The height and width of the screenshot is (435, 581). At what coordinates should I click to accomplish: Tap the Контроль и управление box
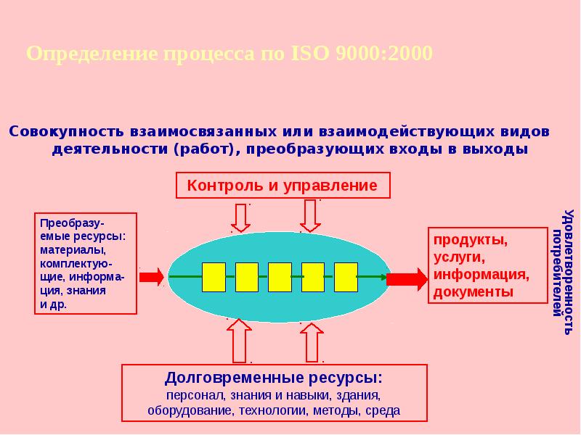[x=283, y=185]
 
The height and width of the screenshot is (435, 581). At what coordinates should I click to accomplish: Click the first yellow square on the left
[x=213, y=276]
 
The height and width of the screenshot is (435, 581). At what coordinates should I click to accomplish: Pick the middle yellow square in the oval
[x=280, y=276]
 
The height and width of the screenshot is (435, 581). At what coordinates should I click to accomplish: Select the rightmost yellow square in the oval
[x=346, y=276]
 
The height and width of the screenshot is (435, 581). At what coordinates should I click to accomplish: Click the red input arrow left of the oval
[x=152, y=276]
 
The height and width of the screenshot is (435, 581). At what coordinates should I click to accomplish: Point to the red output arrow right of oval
[x=407, y=278]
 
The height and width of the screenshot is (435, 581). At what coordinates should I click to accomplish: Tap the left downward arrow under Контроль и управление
[x=239, y=217]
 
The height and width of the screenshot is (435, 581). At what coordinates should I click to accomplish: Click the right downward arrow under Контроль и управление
[x=310, y=215]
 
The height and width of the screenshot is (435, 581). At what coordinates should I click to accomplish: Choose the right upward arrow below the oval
[x=312, y=341]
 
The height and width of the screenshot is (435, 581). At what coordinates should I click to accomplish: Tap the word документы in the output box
[x=474, y=292]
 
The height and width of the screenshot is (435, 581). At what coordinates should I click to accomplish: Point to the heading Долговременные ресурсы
[x=273, y=378]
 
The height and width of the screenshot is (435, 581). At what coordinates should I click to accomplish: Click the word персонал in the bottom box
[x=190, y=395]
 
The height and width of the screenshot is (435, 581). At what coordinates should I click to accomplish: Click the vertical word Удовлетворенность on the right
[x=569, y=273]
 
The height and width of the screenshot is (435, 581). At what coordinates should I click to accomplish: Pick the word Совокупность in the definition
[x=66, y=133]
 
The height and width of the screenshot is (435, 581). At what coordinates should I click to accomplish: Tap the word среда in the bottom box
[x=383, y=410]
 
